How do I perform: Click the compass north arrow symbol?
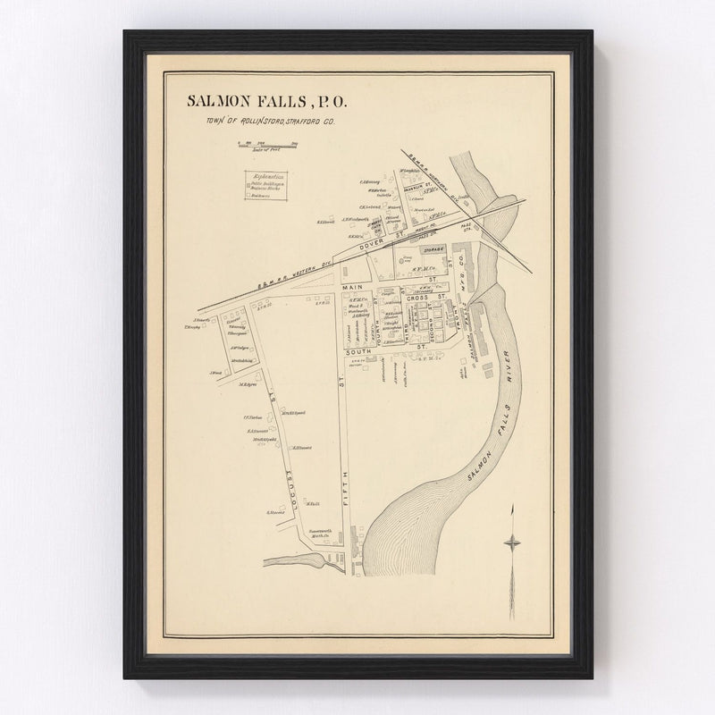point(512,541)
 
